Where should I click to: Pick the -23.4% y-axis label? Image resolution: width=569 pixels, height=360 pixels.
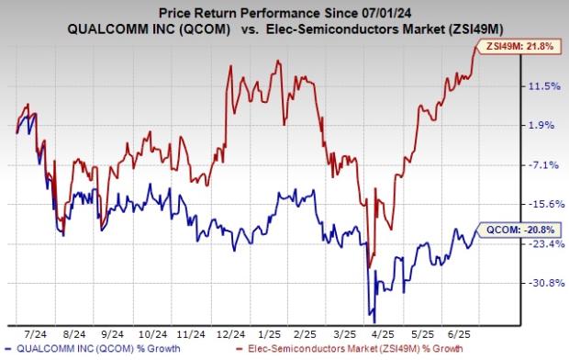(x=540, y=243)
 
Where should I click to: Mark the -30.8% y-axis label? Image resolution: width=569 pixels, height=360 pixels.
(x=540, y=283)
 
